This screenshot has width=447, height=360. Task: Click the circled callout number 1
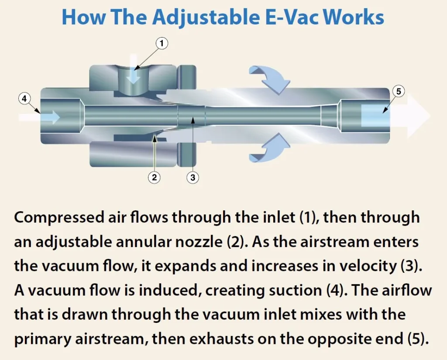(x=162, y=43)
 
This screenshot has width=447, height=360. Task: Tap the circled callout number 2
(x=154, y=177)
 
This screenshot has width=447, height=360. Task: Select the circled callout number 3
(x=193, y=177)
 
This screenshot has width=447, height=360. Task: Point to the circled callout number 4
(x=24, y=99)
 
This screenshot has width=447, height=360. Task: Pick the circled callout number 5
(x=398, y=91)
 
